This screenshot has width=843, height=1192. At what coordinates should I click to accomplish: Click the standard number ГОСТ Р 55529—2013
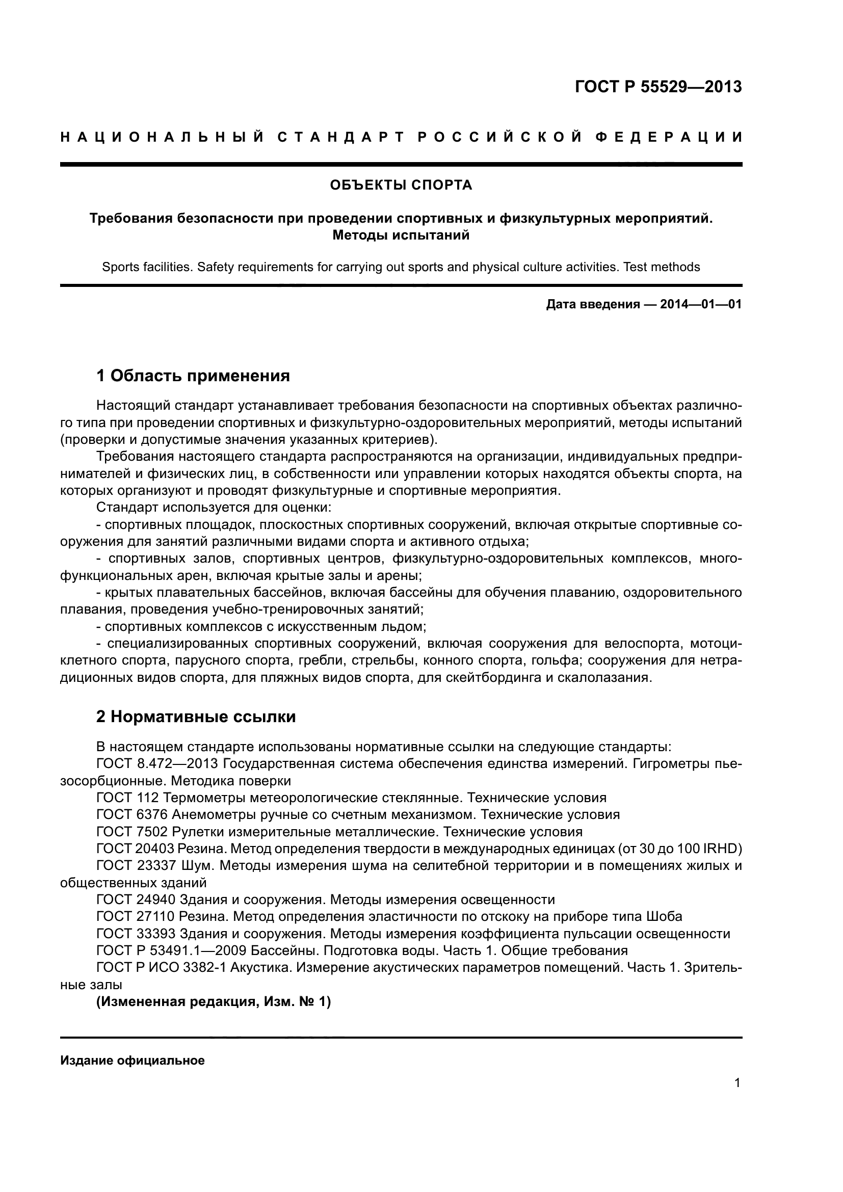(x=658, y=87)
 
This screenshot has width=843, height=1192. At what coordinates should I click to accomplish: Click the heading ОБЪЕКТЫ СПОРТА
(x=401, y=186)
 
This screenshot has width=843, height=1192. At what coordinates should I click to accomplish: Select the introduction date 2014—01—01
(x=701, y=304)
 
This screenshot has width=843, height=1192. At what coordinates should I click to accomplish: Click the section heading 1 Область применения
(x=193, y=376)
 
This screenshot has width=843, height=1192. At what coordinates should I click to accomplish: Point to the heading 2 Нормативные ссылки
(x=196, y=717)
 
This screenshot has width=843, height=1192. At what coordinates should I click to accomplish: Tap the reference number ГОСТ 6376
(x=132, y=814)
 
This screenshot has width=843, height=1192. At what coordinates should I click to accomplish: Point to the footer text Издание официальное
(x=133, y=1061)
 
